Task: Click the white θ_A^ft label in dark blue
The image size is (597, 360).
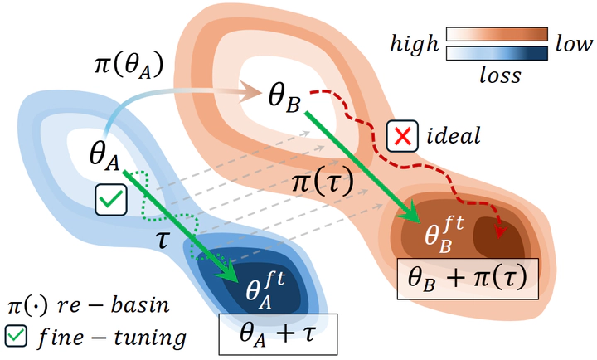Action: pos(263,289)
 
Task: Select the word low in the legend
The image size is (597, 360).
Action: pos(575,42)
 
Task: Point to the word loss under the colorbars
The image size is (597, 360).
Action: pos(500,75)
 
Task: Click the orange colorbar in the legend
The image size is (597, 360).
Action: pos(498,34)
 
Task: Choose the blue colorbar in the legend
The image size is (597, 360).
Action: pos(498,53)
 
